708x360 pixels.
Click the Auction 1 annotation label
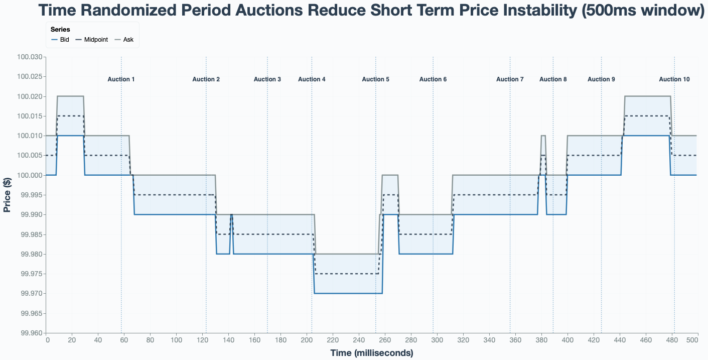click(x=121, y=79)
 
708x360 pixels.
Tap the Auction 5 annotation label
click(x=375, y=79)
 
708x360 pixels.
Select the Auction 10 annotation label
click(x=674, y=79)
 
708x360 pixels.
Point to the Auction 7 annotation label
click(x=510, y=79)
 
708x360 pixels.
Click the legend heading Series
click(x=60, y=30)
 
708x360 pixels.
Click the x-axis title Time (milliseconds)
click(x=371, y=353)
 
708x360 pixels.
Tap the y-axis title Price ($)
click(x=8, y=195)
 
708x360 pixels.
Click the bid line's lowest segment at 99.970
click(x=348, y=293)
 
